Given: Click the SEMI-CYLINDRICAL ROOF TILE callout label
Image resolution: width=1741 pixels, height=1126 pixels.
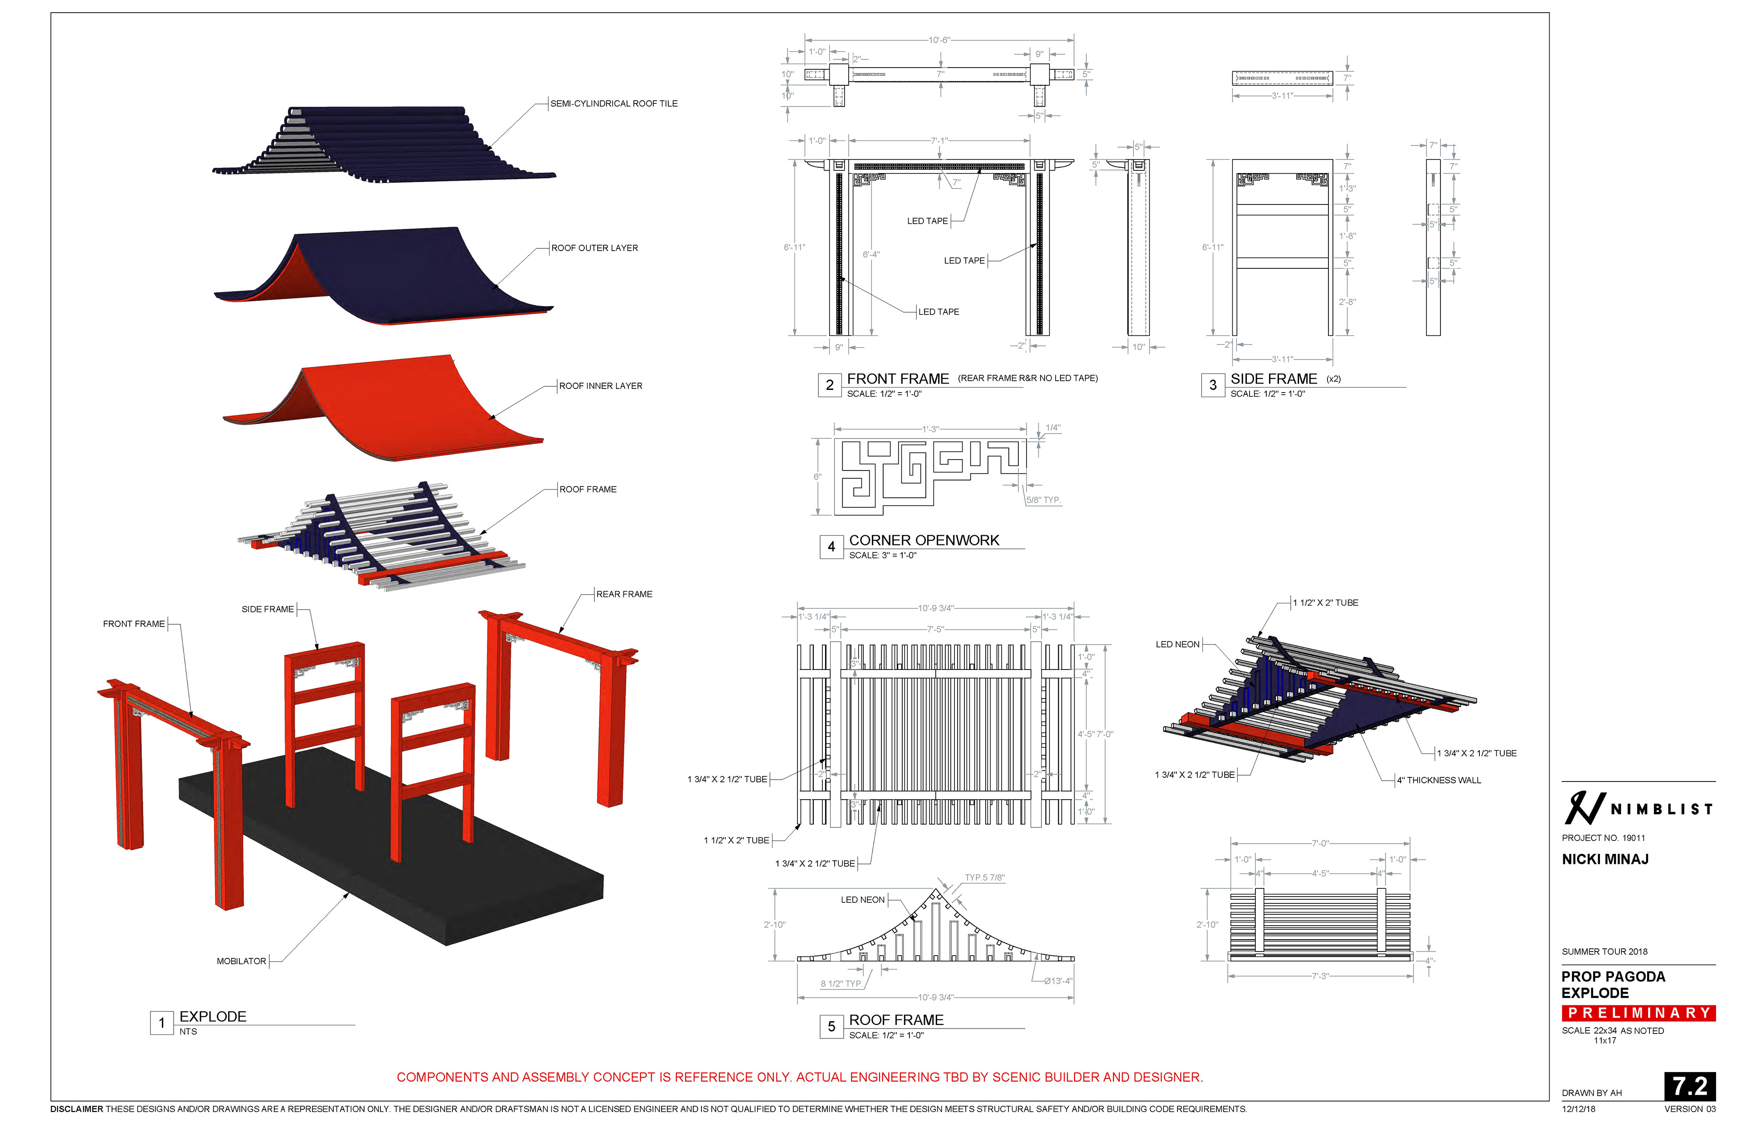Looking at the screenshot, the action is [613, 104].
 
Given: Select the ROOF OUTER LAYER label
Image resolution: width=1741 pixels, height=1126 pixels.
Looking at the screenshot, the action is [594, 248].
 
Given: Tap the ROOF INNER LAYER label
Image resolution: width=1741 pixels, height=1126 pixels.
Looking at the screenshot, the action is [600, 386].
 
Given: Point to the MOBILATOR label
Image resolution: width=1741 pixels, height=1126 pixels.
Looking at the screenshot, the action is [241, 961].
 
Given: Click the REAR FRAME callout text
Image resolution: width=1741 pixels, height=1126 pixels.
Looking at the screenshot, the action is [624, 594].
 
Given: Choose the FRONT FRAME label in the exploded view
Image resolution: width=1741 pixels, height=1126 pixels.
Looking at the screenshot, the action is [134, 624].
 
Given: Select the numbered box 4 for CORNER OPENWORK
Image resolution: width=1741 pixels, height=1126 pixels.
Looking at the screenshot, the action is [831, 547].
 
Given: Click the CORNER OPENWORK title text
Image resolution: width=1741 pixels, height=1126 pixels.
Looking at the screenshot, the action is [924, 540].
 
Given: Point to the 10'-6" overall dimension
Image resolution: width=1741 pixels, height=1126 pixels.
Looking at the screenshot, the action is [939, 40].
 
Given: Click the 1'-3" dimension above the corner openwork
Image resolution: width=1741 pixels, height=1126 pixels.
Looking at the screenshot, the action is [929, 430].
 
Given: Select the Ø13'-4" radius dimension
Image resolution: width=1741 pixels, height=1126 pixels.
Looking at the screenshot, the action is [1057, 981].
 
